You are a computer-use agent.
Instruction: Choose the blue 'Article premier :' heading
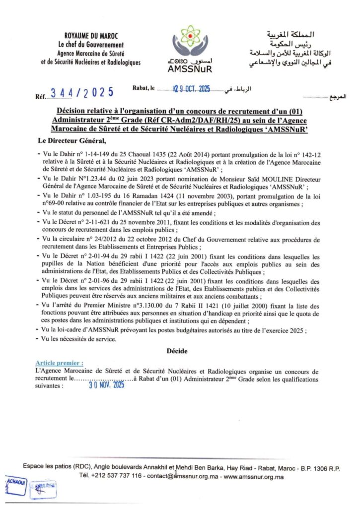click(x=59, y=363)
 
